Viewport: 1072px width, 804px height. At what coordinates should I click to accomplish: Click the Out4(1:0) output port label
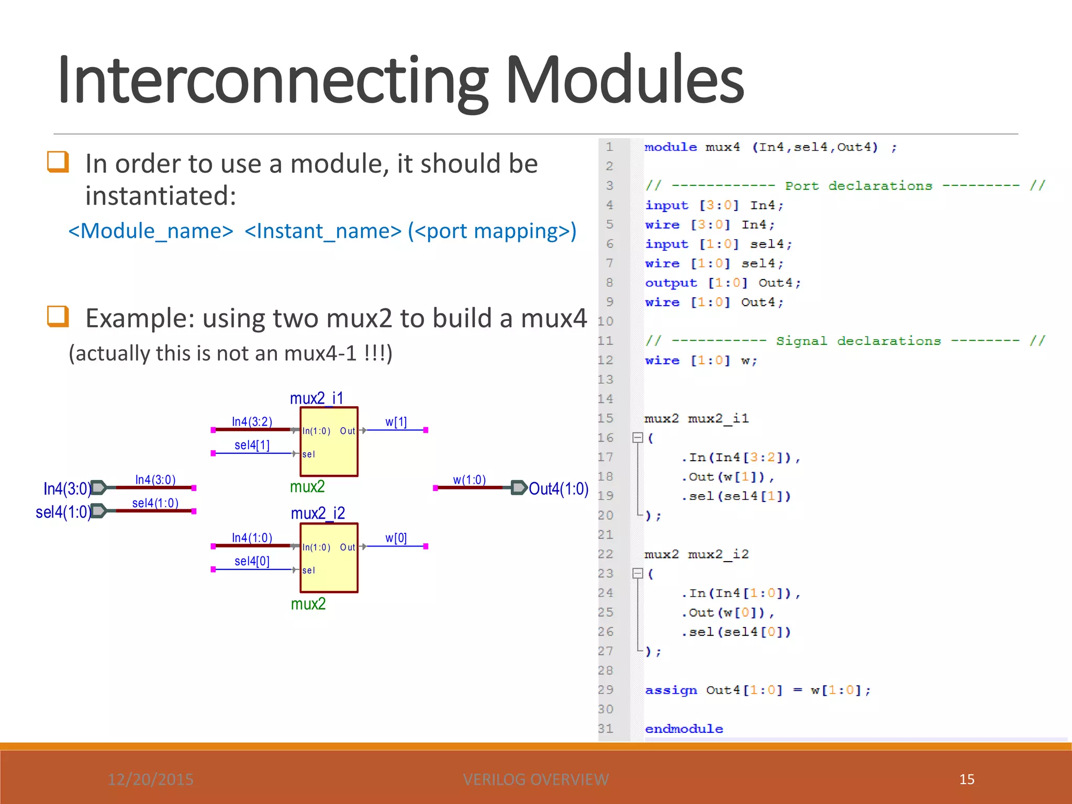click(x=559, y=489)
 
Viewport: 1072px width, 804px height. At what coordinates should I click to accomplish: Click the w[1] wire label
click(x=396, y=422)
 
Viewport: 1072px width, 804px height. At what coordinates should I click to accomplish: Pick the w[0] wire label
click(x=396, y=538)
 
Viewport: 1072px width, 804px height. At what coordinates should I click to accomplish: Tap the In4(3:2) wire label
click(x=252, y=421)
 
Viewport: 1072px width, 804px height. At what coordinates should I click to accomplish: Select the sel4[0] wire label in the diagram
click(x=252, y=561)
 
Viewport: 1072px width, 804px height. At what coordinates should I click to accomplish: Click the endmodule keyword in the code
click(x=684, y=729)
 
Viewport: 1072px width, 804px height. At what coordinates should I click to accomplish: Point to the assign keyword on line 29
click(x=671, y=690)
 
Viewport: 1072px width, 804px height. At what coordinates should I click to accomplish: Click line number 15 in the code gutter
click(x=605, y=418)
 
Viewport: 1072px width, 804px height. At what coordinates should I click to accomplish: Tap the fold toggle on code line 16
click(x=638, y=438)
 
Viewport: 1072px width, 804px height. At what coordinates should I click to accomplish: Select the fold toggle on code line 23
click(x=638, y=574)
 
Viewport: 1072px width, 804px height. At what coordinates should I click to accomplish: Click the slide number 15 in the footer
click(x=966, y=779)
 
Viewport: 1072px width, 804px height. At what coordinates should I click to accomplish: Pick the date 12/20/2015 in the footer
click(x=150, y=779)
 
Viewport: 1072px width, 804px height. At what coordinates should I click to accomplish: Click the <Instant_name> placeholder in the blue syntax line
click(x=322, y=231)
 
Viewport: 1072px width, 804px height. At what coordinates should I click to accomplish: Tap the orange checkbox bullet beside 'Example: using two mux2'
click(x=58, y=316)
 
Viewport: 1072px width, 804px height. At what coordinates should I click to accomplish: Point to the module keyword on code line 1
click(x=671, y=147)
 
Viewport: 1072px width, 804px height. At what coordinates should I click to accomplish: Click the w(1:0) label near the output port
click(x=469, y=480)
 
